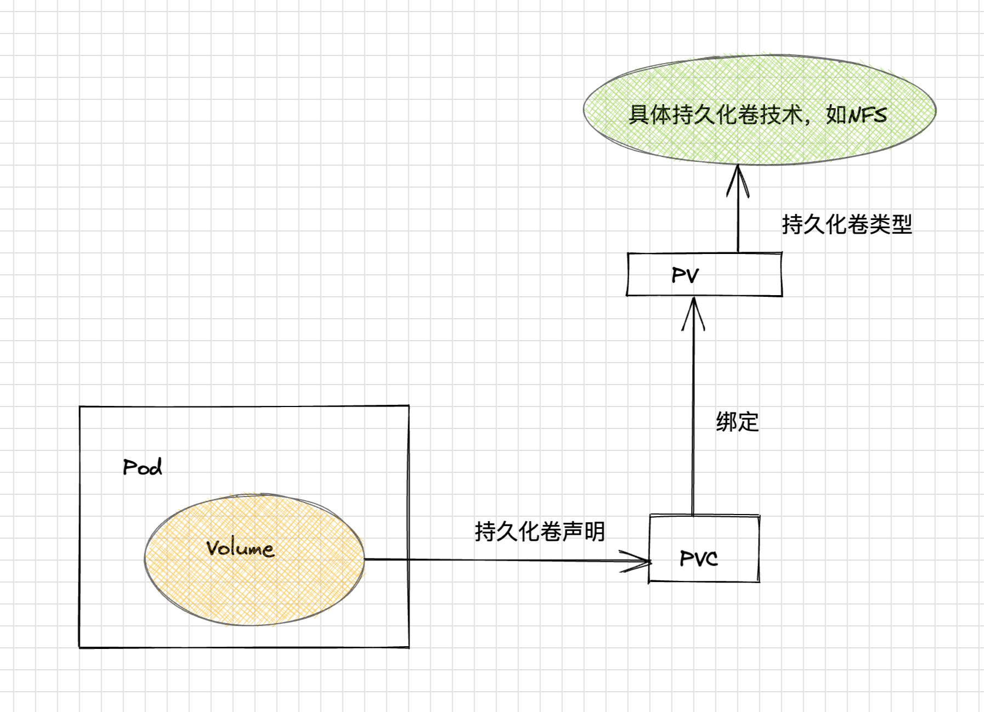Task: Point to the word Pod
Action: [x=142, y=467]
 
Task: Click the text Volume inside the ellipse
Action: [x=240, y=548]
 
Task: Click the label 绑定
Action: [x=737, y=422]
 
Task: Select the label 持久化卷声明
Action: [x=540, y=532]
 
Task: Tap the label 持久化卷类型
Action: [x=847, y=224]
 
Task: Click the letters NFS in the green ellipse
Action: [x=868, y=115]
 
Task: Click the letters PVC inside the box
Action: [x=698, y=558]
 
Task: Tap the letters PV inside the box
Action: [x=685, y=275]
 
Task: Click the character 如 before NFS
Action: [x=836, y=115]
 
